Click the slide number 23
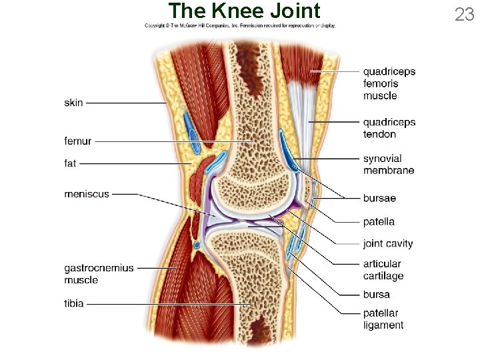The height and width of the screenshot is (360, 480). pos(464,14)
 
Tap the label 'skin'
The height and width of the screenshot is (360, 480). pos(74,103)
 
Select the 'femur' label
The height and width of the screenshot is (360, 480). pos(78,141)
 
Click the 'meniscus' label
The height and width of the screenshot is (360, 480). pos(87,194)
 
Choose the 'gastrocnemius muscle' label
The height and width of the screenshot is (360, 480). pos(99,274)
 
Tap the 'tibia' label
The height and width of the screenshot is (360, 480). pos(74,303)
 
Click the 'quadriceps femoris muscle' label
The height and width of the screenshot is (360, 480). pos(389,83)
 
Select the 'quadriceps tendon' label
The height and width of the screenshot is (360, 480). pos(389,128)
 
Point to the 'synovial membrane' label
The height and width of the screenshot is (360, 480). pos(389,164)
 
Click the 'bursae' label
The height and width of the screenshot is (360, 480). pos(379,198)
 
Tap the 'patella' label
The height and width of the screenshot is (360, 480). pos(379,221)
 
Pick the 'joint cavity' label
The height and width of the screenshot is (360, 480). pos(388,243)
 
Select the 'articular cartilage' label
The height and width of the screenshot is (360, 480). pos(383,270)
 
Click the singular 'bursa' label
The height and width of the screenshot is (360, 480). pos(377,294)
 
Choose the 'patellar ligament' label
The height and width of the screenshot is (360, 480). pos(383,319)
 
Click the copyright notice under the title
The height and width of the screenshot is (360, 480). pos(240,26)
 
